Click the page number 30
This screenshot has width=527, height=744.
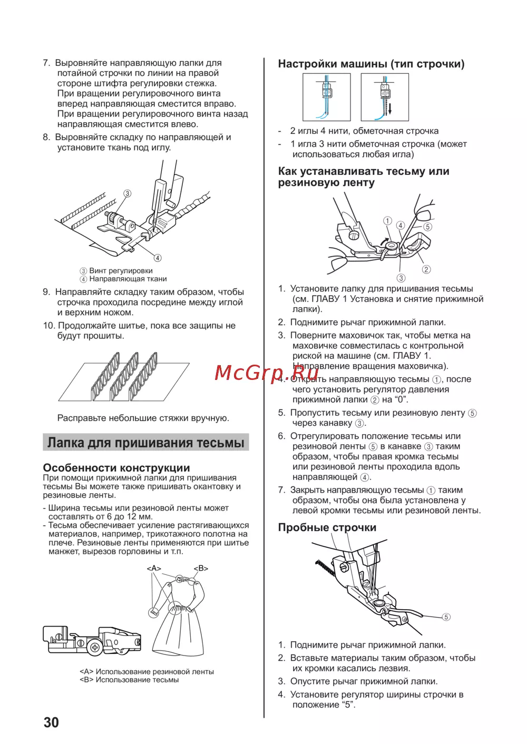pos(51,722)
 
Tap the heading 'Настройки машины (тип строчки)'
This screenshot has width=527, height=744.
pos(371,64)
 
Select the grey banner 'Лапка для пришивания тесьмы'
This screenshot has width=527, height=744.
pos(145,443)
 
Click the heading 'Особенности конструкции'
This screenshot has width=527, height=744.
pos(116,468)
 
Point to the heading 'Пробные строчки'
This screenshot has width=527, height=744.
pos(327,527)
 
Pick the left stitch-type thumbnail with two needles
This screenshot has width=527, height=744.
pos(326,97)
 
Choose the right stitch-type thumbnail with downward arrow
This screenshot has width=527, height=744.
pos(385,97)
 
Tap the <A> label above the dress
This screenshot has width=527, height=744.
pos(154,569)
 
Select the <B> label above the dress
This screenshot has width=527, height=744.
pos(201,569)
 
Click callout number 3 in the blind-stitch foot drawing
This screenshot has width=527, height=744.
pos(127,193)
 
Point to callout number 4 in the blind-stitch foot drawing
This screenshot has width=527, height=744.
pos(158,258)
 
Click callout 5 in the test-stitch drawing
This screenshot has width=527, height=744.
pos(446,617)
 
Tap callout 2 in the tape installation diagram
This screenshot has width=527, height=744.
pos(426,269)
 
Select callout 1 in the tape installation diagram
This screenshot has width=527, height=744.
pos(387,221)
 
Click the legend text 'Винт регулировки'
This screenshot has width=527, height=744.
pos(121,271)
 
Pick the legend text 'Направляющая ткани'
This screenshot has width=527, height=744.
pos(128,279)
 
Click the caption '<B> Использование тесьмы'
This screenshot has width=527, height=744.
pos(129,680)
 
